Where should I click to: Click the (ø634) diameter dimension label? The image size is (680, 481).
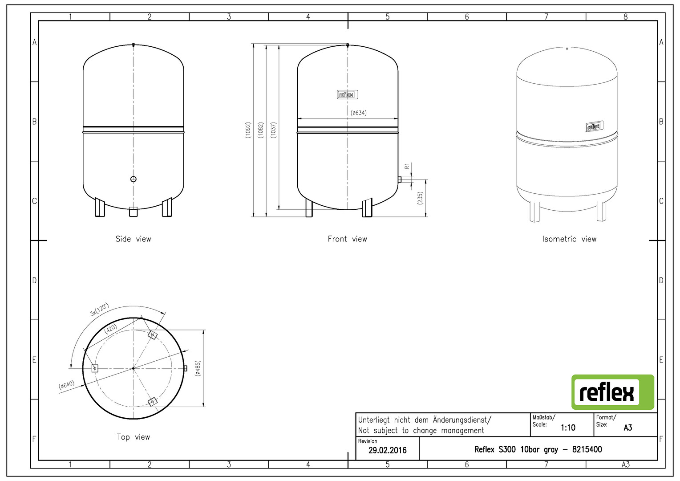[359, 113]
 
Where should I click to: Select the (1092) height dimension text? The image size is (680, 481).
[248, 130]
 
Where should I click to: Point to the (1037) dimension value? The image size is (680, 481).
[274, 130]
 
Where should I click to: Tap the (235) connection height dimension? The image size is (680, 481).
[420, 198]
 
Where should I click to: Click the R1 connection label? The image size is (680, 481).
[407, 166]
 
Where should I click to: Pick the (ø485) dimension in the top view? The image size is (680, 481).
[198, 369]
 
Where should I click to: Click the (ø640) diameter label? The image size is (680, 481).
[66, 385]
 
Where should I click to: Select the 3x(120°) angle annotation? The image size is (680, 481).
[99, 309]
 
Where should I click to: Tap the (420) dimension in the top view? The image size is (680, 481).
[110, 329]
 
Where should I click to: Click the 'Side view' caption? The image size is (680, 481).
[133, 239]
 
